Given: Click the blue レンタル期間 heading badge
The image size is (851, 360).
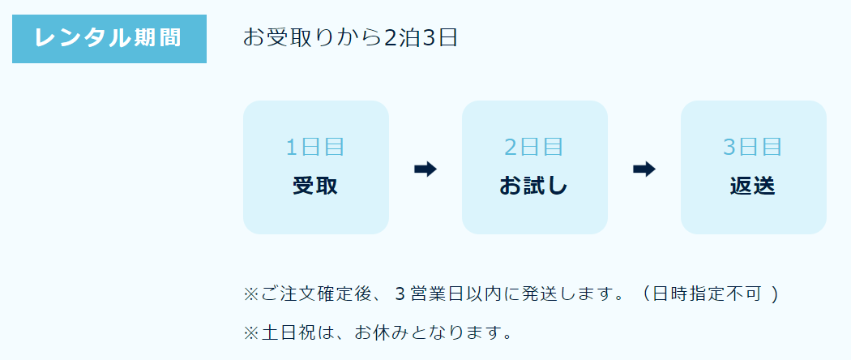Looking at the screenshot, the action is pyautogui.click(x=109, y=38).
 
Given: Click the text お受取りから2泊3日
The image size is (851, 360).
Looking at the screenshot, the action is pyautogui.click(x=350, y=38).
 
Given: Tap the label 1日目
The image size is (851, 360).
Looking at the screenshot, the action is pyautogui.click(x=315, y=148).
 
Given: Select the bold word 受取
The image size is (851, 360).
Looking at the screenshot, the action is pyautogui.click(x=315, y=186).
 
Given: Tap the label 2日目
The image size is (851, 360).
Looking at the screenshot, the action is pyautogui.click(x=534, y=148).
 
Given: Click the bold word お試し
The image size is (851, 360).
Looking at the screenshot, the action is pyautogui.click(x=534, y=186).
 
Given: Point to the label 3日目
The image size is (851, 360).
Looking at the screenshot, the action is pyautogui.click(x=753, y=148).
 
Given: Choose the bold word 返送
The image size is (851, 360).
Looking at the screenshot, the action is pyautogui.click(x=753, y=186).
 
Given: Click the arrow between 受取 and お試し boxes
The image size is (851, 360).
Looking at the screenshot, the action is pyautogui.click(x=425, y=169).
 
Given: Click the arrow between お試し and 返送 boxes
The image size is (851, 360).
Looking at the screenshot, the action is pyautogui.click(x=644, y=169).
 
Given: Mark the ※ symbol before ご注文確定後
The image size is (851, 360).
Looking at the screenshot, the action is pyautogui.click(x=250, y=294).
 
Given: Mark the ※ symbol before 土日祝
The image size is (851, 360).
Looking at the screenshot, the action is pyautogui.click(x=250, y=332).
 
